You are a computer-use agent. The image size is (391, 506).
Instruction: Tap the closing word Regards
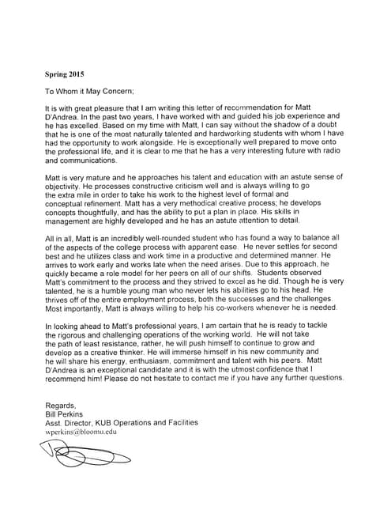[62, 405]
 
